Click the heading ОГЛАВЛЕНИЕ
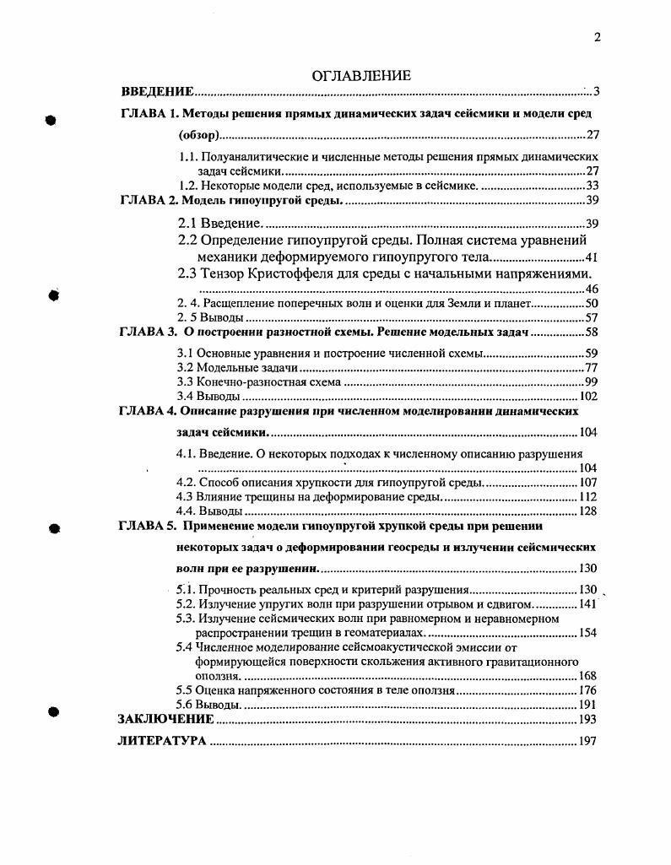coord(361,76)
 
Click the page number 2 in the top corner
coord(596,36)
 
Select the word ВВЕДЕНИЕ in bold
coord(157,91)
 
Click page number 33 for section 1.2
coord(592,186)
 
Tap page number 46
coord(592,289)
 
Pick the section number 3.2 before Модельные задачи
coord(183,368)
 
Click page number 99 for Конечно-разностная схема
coord(592,382)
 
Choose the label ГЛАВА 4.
coord(147,411)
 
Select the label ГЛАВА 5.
coord(147,525)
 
